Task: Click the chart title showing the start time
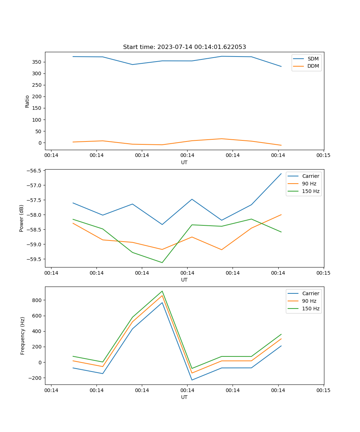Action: (x=184, y=47)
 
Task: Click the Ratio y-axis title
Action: (x=27, y=101)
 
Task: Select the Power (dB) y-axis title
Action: (x=22, y=218)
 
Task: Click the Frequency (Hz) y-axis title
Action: (x=22, y=336)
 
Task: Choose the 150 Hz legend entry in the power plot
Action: (x=311, y=191)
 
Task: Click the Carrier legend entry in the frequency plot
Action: (x=311, y=293)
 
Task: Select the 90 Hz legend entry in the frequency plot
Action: (x=309, y=301)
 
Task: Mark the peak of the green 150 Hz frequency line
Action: (x=162, y=291)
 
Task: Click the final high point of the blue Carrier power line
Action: (x=281, y=174)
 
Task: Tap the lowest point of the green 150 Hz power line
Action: (x=162, y=262)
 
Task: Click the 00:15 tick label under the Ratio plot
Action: (x=323, y=156)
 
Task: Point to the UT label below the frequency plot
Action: (x=184, y=397)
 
